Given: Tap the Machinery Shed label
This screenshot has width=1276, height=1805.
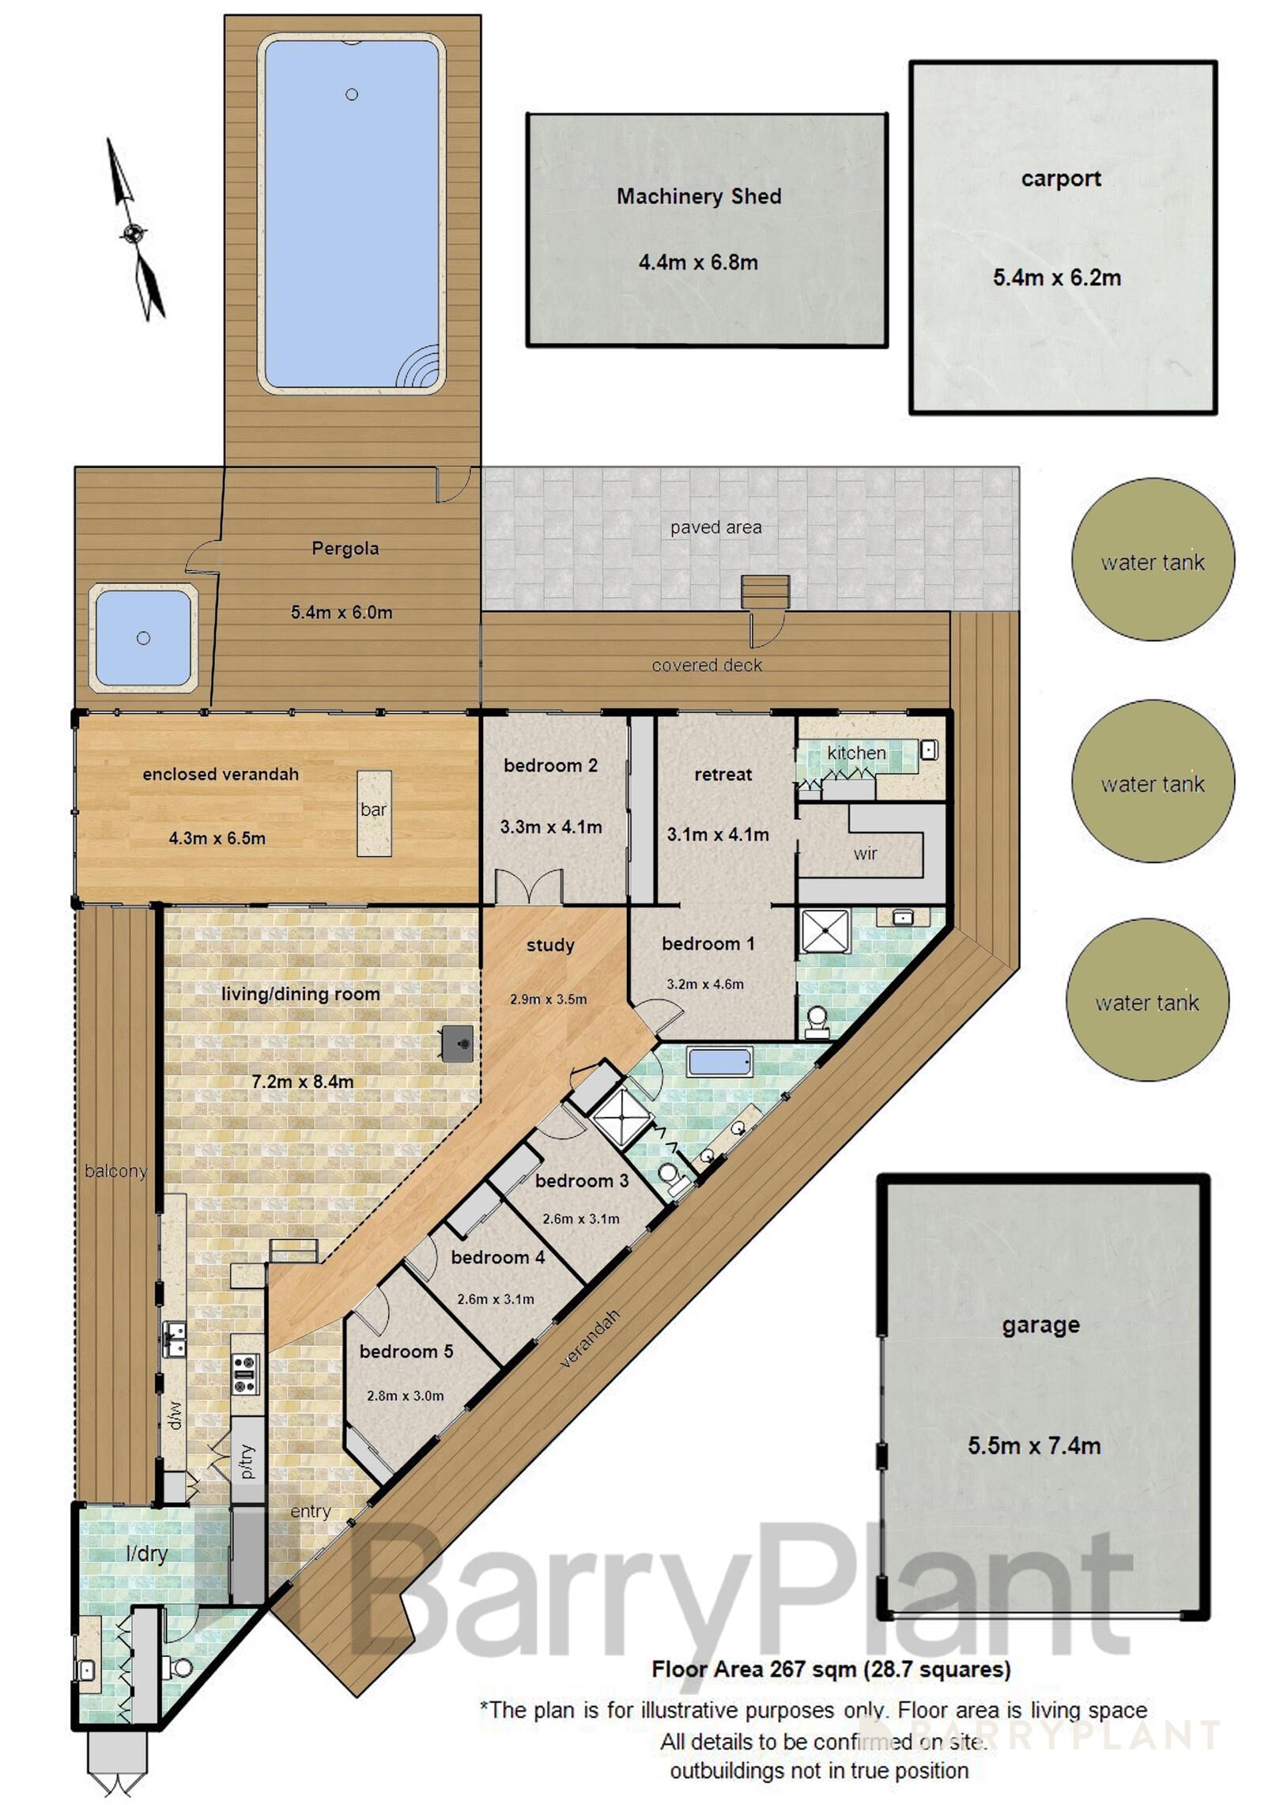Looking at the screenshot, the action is coord(699,196).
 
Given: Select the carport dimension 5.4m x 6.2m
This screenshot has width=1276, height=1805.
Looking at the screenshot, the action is coord(1056,278).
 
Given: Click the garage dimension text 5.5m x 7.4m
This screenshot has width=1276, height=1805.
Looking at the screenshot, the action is coord(1034,1445).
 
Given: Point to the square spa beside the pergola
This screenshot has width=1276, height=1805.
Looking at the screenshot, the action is coord(143,638).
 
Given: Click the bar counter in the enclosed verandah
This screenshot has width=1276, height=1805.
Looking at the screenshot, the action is coord(374,813).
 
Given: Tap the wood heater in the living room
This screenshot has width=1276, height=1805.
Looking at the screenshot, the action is coord(458,1044).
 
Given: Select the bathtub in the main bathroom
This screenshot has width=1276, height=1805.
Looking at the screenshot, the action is coord(719,1062).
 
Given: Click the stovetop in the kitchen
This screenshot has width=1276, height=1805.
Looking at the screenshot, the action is coord(246,1373).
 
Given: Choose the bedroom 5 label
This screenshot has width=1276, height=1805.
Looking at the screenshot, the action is coord(406,1351).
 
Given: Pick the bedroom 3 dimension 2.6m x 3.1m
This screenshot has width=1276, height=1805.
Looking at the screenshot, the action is coord(581,1218).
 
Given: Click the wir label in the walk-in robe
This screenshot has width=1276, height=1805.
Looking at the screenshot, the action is coord(865,853).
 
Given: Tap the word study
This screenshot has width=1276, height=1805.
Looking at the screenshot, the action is coord(550,945).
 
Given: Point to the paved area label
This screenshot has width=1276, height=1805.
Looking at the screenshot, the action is coord(716,527).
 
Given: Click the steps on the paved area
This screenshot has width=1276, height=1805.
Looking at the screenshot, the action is coord(765,592).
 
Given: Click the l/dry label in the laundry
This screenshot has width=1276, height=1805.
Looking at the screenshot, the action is coord(147,1554).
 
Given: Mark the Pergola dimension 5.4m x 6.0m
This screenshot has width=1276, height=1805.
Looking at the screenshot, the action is coord(342,612).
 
